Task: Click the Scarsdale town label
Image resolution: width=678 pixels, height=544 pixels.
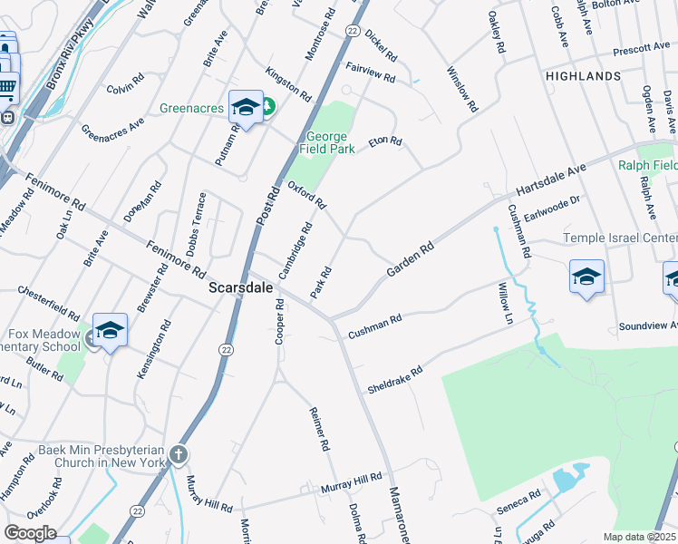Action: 241,288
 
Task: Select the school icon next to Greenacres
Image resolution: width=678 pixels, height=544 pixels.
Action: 245,108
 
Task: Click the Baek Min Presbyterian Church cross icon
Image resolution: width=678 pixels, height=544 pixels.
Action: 179,453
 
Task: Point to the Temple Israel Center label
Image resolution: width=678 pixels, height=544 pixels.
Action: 620,238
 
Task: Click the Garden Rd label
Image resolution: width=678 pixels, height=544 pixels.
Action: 410,259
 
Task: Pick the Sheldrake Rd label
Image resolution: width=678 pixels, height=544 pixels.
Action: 395,380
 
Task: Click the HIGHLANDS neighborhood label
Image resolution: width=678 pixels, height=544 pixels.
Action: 583,77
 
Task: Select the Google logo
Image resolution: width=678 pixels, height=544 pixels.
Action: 30,533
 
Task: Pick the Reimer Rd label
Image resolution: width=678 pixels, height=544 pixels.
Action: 318,430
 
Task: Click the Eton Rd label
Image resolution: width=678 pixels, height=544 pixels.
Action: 384,142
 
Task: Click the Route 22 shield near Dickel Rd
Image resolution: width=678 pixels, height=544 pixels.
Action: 352,31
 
